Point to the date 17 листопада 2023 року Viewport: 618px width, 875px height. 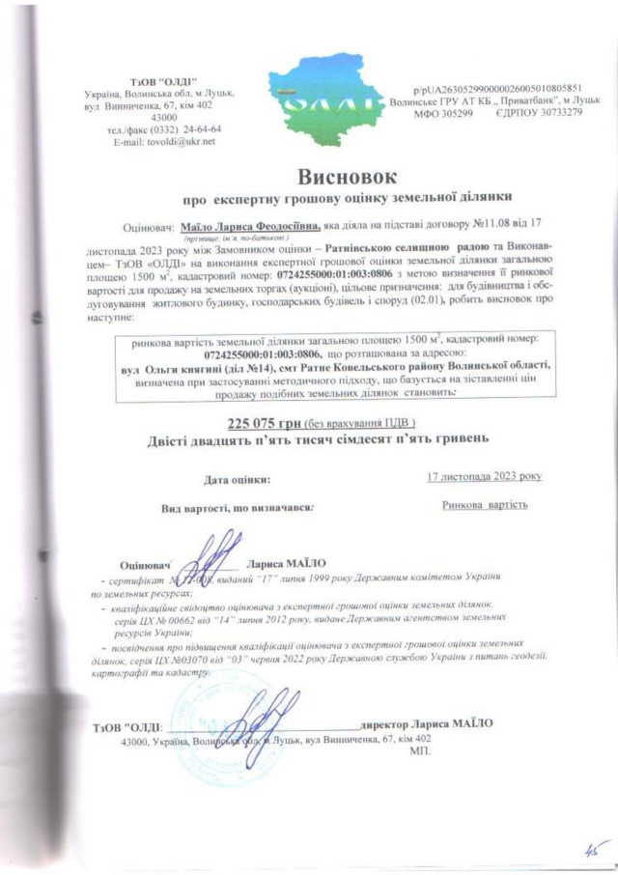pos(484,476)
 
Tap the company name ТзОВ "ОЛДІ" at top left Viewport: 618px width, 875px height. pos(162,78)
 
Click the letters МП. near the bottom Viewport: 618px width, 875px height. pos(421,750)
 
